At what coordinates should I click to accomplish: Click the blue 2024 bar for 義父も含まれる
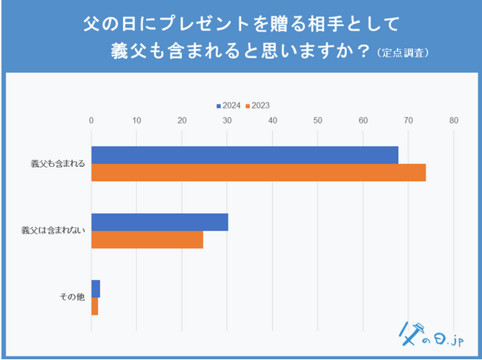[245, 155]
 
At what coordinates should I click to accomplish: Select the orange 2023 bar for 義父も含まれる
[258, 172]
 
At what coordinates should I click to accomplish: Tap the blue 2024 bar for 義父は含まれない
[159, 222]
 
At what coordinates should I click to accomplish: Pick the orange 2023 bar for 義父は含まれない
[147, 239]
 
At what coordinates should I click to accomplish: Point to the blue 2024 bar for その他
[96, 289]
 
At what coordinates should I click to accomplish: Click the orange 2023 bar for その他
[95, 306]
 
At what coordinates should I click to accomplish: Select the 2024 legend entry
[231, 105]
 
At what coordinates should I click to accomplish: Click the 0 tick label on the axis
[91, 120]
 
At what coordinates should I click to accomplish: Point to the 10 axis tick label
[136, 120]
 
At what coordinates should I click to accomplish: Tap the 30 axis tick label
[227, 120]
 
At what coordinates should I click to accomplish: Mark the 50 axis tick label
[318, 120]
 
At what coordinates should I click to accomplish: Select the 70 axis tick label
[409, 120]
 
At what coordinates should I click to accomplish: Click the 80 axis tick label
[454, 120]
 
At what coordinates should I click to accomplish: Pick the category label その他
[73, 297]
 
